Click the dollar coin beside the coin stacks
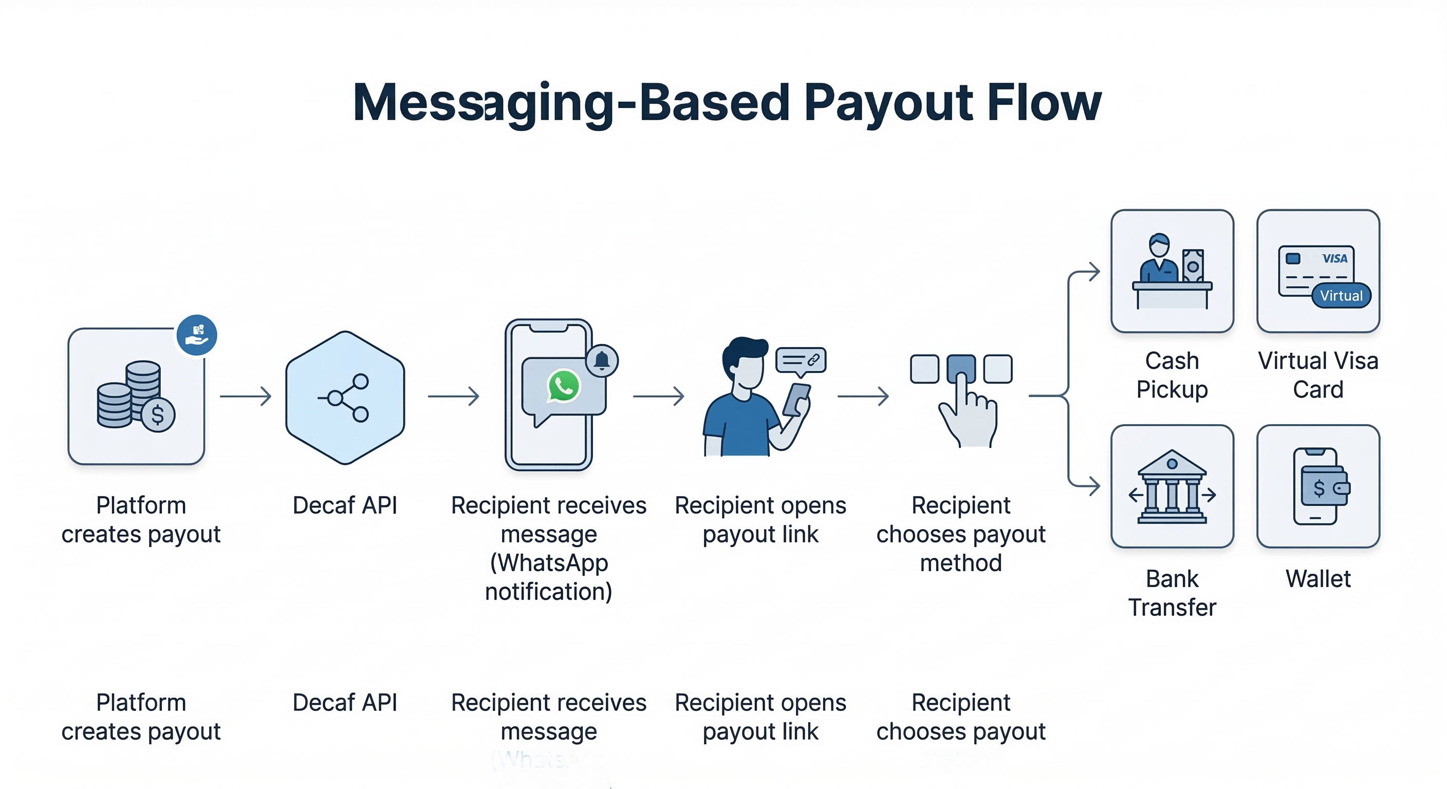[158, 415]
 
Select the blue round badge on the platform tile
[197, 335]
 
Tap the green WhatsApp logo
[563, 386]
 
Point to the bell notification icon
[602, 361]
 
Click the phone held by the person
[796, 399]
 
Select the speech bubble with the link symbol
[801, 361]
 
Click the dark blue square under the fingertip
[960, 368]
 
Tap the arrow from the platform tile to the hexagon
[246, 397]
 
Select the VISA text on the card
[1334, 258]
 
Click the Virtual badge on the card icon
[1341, 296]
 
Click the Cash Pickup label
[1172, 375]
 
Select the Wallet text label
[1318, 578]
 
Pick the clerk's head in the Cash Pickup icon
[1159, 246]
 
